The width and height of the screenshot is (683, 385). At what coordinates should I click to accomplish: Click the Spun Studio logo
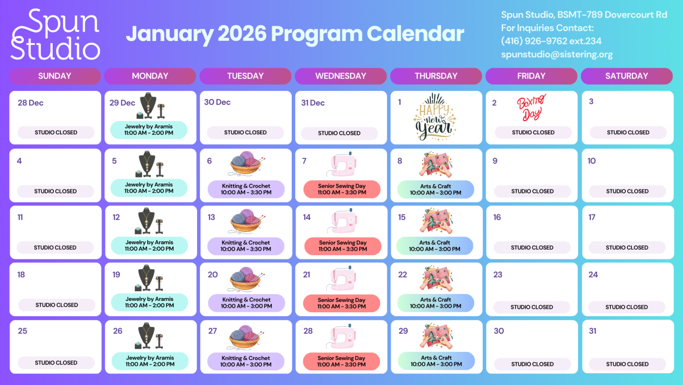click(55, 34)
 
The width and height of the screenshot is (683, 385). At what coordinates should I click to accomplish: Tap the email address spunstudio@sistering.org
click(557, 55)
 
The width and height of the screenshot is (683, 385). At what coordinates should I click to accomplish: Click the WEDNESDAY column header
click(341, 76)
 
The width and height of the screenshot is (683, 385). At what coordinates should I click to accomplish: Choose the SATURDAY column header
click(626, 76)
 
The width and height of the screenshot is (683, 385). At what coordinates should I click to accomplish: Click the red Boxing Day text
click(531, 107)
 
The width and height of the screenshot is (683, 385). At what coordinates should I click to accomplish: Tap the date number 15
click(402, 217)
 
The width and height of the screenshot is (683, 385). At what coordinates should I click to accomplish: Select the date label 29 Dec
click(122, 103)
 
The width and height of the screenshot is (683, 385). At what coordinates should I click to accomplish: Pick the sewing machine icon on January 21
click(341, 278)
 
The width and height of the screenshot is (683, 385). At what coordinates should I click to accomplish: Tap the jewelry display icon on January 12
click(149, 221)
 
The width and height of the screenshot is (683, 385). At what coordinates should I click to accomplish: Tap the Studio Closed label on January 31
click(627, 364)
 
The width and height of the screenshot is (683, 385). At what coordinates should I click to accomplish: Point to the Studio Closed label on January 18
click(57, 305)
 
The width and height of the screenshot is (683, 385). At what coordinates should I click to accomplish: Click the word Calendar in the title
click(415, 34)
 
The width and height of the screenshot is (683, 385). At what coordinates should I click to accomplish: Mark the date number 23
click(498, 275)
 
